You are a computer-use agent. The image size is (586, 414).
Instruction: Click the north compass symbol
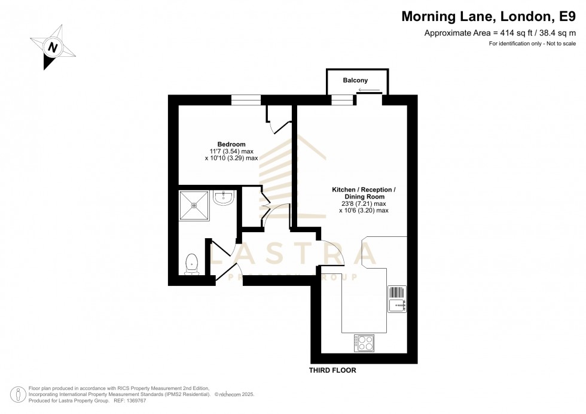pos(53,46)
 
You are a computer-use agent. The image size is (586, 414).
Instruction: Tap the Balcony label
pos(355,80)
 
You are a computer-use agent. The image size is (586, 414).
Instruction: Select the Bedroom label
pos(231,144)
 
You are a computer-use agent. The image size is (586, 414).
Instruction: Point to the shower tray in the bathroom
pos(194,205)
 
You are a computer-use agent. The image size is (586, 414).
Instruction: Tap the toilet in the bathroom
pos(192,263)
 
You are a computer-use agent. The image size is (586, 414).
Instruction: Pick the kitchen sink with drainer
pos(398,299)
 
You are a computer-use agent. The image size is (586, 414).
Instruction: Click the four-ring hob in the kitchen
pos(364,343)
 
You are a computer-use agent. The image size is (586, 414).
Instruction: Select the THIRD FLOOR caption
pos(332,370)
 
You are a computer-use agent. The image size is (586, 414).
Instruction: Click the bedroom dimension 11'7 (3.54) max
pos(231,151)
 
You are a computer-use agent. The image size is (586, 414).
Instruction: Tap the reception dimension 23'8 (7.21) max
pos(364,203)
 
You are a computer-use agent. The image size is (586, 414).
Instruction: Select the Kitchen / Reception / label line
pos(364,190)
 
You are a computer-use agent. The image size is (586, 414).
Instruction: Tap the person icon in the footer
pos(20,395)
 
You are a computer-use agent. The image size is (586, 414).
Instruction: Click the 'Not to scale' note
pos(559,44)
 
